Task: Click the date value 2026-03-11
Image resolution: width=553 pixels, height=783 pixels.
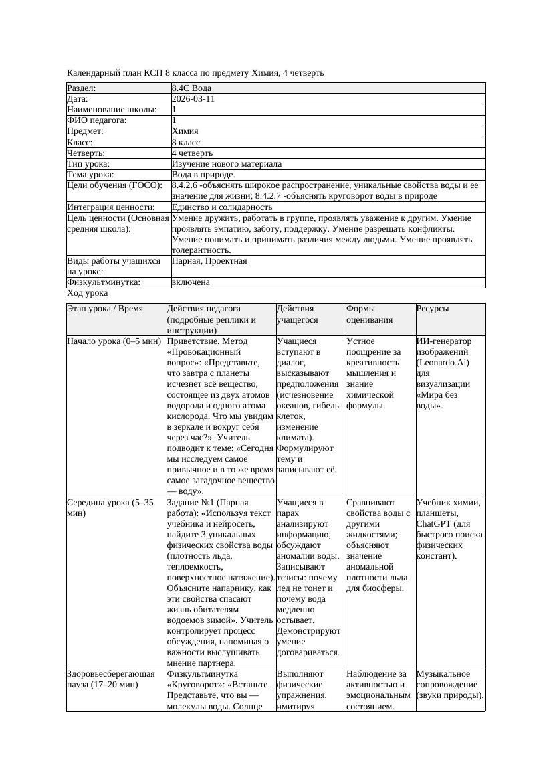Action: (x=193, y=99)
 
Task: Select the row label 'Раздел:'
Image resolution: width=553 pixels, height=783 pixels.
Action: (x=82, y=88)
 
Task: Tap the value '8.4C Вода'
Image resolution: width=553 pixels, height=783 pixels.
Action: (x=191, y=88)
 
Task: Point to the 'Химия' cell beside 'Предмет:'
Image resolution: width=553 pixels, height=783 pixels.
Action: (x=185, y=131)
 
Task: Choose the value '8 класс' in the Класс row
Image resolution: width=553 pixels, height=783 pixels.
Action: (x=186, y=142)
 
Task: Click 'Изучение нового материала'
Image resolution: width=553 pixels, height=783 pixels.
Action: (x=227, y=163)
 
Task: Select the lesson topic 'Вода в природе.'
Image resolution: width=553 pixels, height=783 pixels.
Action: (x=203, y=174)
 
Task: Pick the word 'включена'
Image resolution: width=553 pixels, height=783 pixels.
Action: (x=191, y=282)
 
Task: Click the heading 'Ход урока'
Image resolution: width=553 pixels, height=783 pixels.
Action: (x=88, y=293)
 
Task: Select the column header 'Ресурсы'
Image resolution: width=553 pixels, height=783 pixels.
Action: (x=432, y=309)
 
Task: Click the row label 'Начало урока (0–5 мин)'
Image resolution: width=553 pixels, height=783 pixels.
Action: (x=114, y=341)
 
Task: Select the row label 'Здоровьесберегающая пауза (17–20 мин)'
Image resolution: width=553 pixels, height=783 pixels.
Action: (x=111, y=679)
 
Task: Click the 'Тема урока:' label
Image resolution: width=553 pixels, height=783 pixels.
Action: (x=91, y=174)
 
